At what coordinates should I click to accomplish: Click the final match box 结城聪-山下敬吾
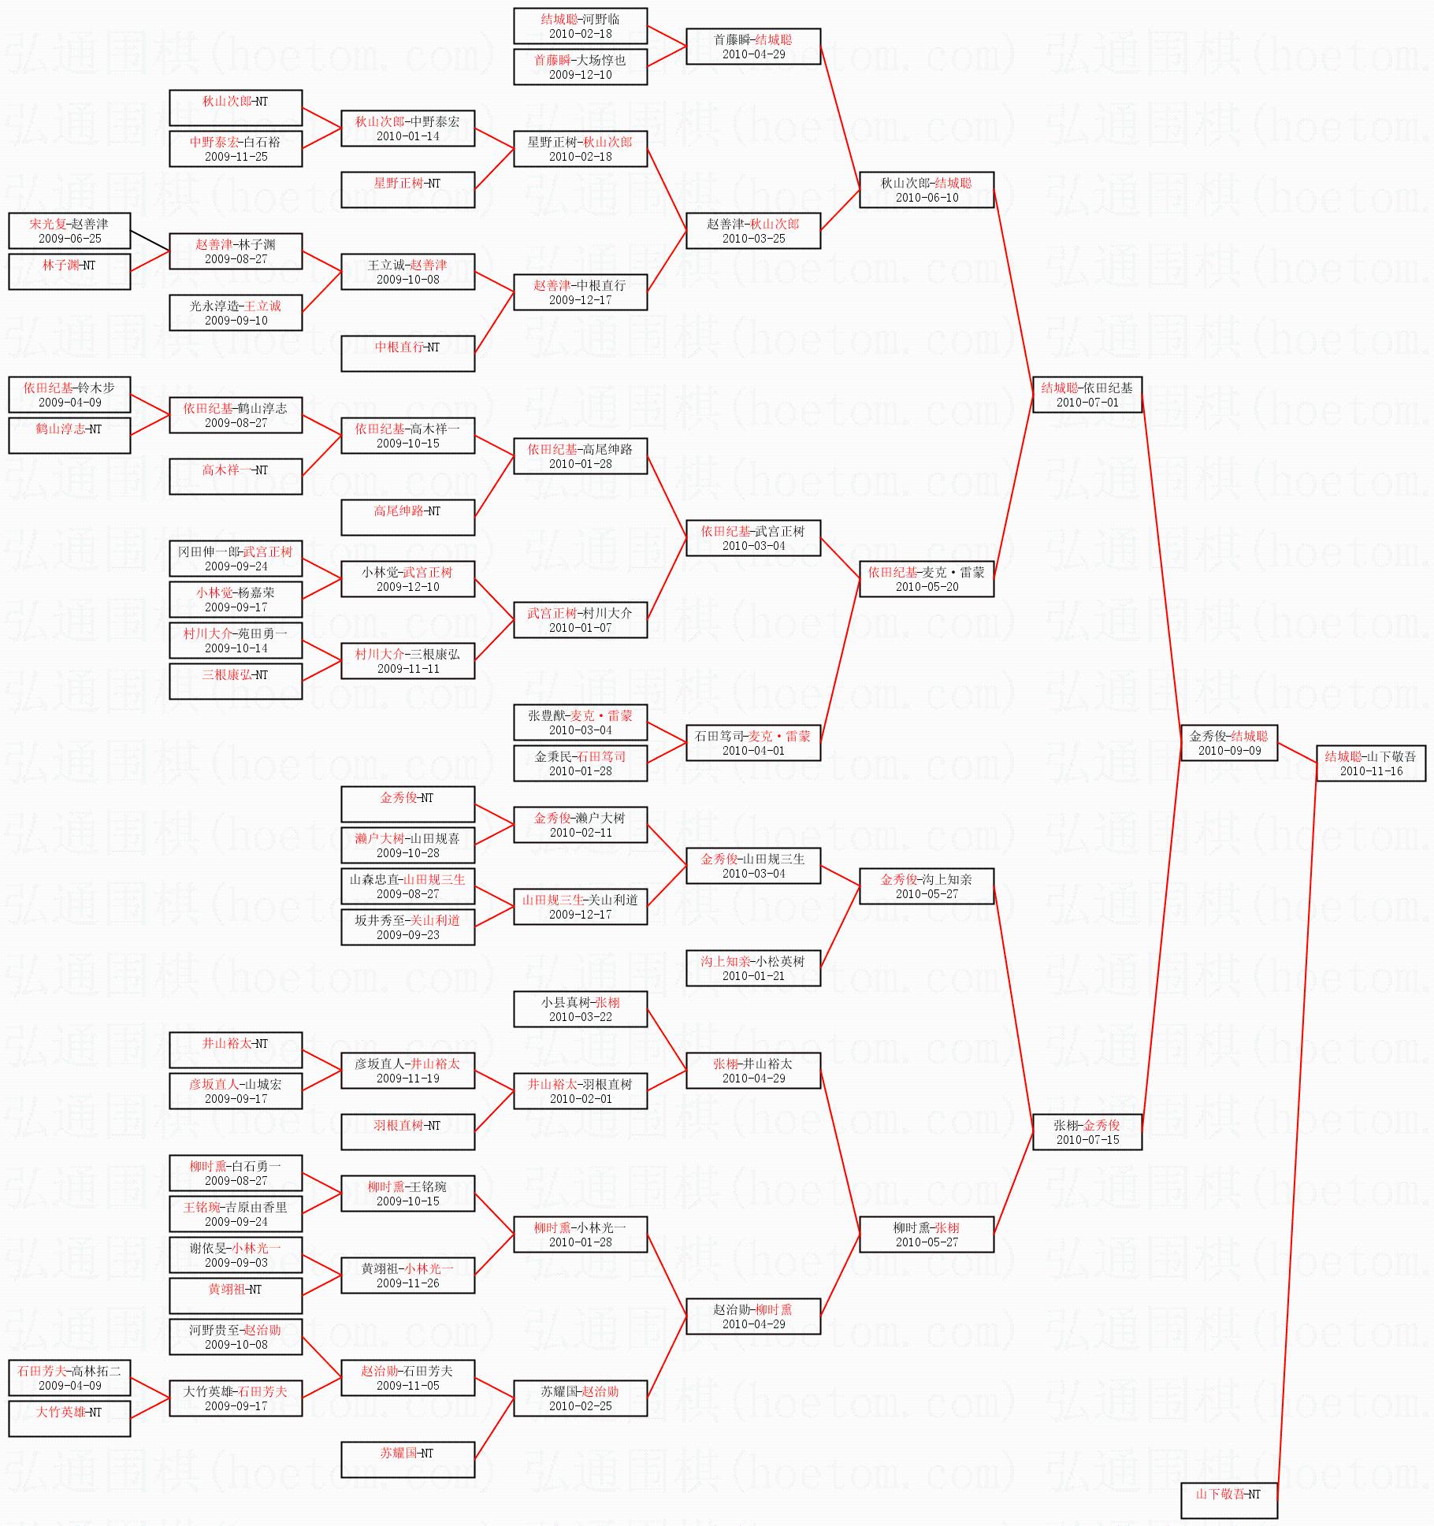point(1370,763)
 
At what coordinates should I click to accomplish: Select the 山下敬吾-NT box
point(1228,1500)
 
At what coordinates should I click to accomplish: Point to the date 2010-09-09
point(1229,751)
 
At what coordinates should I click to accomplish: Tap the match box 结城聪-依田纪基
point(1087,395)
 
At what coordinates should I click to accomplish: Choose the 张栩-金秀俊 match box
point(1087,1132)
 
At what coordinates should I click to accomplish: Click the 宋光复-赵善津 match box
point(69,231)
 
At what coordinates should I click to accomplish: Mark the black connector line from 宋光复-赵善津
point(150,241)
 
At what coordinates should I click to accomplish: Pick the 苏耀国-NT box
point(407,1459)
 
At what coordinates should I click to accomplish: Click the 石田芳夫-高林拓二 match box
point(69,1378)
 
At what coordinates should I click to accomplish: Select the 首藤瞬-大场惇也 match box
point(580,67)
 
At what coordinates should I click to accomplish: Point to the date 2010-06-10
point(927,198)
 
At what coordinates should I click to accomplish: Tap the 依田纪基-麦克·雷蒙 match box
point(926,579)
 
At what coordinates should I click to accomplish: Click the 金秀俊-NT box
point(407,804)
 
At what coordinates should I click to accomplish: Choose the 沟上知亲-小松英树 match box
point(753,968)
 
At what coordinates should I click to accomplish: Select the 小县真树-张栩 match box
point(580,1009)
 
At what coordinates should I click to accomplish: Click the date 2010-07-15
point(1087,1140)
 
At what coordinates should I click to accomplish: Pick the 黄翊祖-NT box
point(236,1295)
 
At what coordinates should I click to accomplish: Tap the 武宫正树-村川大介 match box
point(580,620)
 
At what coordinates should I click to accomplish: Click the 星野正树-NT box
point(407,190)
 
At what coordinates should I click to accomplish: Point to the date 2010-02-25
point(580,1406)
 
